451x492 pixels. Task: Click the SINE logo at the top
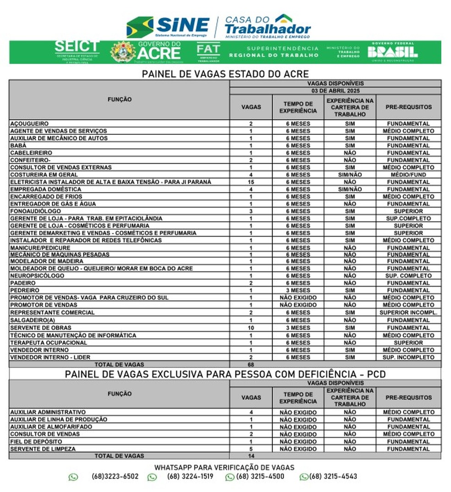tap(168, 27)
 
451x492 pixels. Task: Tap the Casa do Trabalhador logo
tap(268, 26)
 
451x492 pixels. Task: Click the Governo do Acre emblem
tap(123, 52)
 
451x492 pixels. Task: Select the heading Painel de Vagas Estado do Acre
tap(225, 74)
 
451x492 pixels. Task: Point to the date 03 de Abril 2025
tap(335, 91)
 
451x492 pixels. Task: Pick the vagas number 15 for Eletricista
tap(251, 182)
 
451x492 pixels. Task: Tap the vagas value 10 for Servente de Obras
tap(251, 328)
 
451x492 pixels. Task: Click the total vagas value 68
tap(251, 365)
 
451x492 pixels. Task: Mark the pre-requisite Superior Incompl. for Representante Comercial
tap(408, 313)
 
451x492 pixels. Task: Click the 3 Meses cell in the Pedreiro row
tap(298, 290)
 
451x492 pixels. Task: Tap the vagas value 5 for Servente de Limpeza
tap(251, 449)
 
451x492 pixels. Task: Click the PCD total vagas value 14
tap(251, 456)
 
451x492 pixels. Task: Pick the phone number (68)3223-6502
tap(115, 476)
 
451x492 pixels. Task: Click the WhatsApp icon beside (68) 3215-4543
tap(304, 477)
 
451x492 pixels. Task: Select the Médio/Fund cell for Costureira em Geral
tap(408, 175)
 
